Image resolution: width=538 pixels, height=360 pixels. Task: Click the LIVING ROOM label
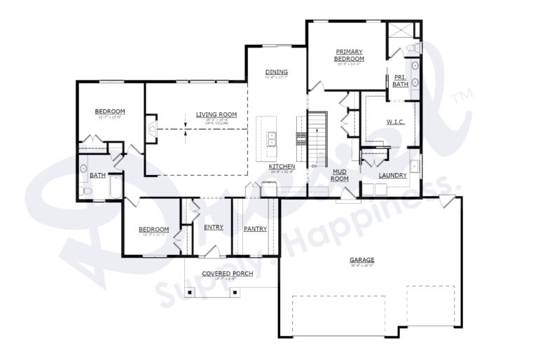click(x=216, y=115)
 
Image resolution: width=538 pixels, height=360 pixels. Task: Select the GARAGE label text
click(x=361, y=261)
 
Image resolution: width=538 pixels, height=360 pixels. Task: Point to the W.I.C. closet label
click(x=394, y=122)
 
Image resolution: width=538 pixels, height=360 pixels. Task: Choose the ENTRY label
click(x=214, y=227)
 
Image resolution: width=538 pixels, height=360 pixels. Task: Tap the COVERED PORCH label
click(x=228, y=273)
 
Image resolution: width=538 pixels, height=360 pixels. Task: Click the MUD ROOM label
click(x=340, y=174)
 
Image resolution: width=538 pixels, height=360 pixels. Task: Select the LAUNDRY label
click(x=392, y=175)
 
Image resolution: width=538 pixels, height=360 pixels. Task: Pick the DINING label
click(x=277, y=72)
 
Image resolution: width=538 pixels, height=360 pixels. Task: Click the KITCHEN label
click(x=282, y=167)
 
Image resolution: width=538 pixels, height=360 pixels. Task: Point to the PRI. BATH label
click(x=400, y=81)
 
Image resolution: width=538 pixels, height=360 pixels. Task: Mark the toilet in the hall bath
click(x=85, y=190)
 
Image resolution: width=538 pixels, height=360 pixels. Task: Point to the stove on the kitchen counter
click(x=302, y=138)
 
